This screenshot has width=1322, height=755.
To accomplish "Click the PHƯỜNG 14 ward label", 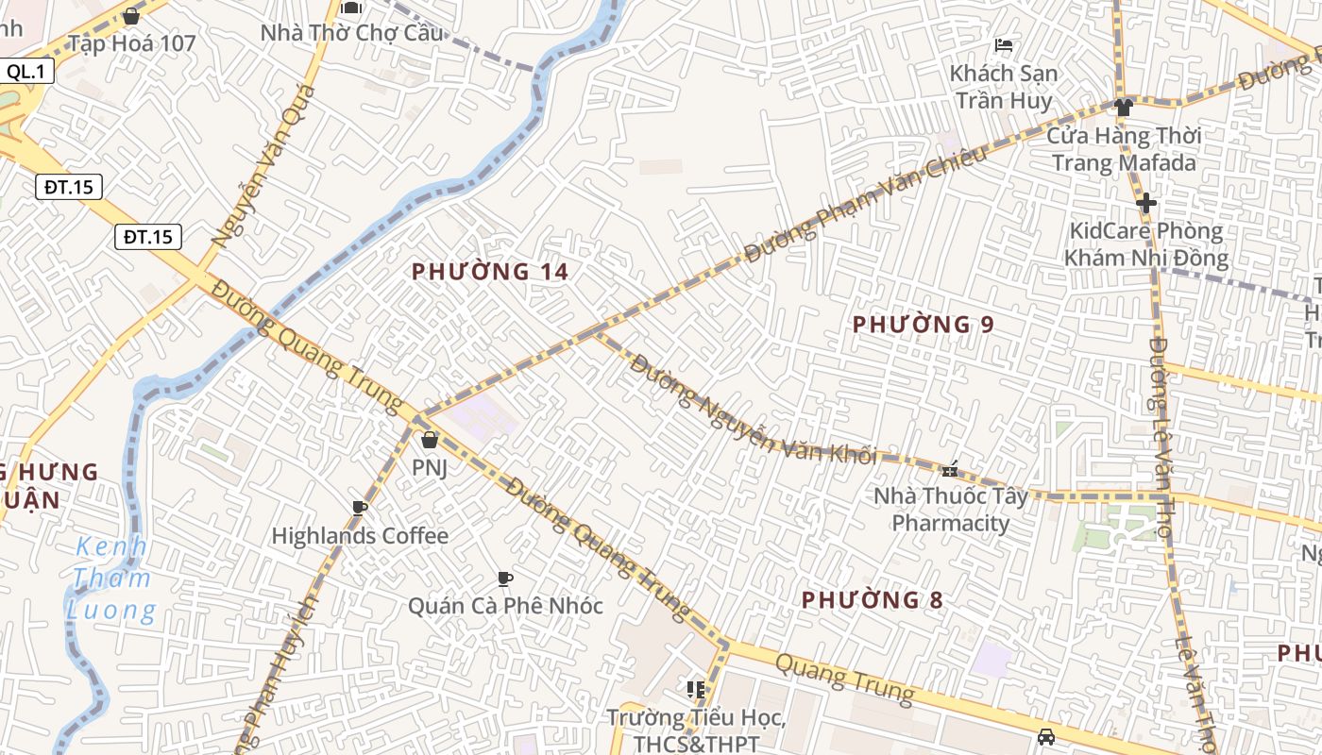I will tap(490, 272).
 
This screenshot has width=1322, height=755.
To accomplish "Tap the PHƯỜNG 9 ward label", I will tap(923, 325).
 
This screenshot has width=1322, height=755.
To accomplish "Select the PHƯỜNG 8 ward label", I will tap(872, 599).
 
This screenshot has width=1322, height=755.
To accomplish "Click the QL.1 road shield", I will tap(27, 71).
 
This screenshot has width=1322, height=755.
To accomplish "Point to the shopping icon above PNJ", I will tap(429, 440).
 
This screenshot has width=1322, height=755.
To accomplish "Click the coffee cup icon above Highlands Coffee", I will tap(359, 508).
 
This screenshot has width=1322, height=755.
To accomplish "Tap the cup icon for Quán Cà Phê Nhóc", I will tap(505, 579).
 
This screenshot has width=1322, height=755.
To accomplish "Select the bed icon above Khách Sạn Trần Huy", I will tap(1004, 45).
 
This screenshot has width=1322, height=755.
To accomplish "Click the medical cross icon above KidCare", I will tap(1145, 203).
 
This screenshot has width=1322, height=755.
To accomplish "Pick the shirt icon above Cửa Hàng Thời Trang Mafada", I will tap(1123, 108).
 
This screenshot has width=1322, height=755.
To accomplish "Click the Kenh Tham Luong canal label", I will tap(111, 579).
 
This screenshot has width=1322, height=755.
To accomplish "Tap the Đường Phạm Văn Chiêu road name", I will tap(865, 204).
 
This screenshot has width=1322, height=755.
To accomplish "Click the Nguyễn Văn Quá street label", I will tap(264, 166).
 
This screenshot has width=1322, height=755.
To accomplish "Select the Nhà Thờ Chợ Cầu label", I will tap(351, 33).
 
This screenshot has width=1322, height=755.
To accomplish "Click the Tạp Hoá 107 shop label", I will tap(131, 43).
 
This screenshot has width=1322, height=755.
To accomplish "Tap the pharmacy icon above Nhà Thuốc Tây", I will tap(950, 468).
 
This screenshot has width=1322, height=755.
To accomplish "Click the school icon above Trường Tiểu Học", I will tap(696, 690).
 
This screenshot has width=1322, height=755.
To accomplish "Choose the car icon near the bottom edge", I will tap(1045, 737).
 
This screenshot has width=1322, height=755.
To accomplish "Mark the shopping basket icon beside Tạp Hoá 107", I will tap(131, 16).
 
